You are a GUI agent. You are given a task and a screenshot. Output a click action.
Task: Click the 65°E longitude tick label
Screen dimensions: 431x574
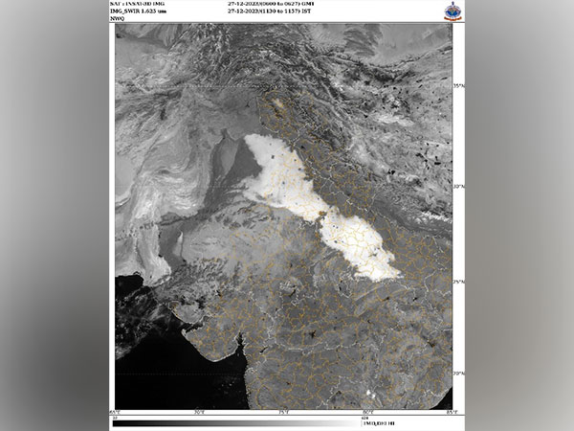pos(116,412)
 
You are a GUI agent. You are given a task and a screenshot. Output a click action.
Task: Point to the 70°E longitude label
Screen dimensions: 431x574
pos(199,412)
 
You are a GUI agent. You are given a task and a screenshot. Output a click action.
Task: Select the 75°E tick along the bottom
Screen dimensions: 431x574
pos(283,412)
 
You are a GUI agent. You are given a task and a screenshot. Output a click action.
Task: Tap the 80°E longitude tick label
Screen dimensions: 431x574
pos(367,412)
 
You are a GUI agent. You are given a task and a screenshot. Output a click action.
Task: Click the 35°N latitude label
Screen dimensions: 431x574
pos(458,86)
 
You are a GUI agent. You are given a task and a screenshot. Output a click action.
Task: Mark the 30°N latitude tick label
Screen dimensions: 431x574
pos(458,186)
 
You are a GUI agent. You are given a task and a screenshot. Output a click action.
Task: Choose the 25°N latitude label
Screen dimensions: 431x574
pos(458,282)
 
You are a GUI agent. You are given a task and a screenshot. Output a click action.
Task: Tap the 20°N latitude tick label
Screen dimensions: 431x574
pos(458,373)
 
